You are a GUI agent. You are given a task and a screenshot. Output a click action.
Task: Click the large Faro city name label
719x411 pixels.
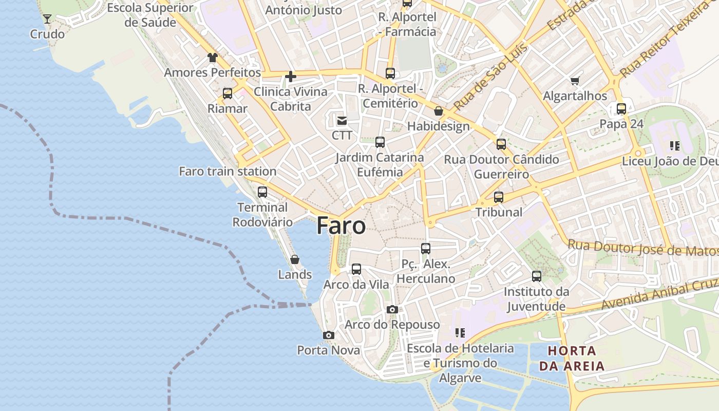point(341,226)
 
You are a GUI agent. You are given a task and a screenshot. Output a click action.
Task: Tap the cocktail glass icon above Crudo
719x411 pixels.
point(47,19)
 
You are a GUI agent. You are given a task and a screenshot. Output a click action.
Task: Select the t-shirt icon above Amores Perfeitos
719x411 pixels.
point(213,57)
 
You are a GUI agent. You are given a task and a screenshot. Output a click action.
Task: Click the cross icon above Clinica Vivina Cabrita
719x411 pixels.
point(291,77)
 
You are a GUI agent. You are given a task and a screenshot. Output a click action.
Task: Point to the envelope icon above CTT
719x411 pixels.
point(342,121)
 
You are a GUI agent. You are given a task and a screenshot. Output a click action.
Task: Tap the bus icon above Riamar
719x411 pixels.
point(228,94)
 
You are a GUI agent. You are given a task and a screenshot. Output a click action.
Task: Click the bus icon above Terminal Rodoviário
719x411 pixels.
point(262,192)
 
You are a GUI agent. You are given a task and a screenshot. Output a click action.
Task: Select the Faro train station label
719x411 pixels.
point(228,171)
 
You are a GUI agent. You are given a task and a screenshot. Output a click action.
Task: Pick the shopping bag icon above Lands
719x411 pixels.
point(295,259)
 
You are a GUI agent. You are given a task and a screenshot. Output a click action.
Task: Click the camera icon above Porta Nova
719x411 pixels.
point(329,335)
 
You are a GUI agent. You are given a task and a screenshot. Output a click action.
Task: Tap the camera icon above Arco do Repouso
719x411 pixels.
point(392,309)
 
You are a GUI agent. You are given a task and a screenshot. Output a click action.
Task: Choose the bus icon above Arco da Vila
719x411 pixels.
point(356,269)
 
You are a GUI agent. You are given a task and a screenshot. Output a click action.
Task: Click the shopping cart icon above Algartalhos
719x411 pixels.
point(575,81)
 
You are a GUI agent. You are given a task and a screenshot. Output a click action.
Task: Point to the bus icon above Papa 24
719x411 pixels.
point(621,109)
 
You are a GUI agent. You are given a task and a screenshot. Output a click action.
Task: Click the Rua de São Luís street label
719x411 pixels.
point(490,77)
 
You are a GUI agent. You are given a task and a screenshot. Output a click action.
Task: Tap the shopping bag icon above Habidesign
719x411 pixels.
point(439,111)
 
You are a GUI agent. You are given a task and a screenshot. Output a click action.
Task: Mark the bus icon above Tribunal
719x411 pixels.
point(499,197)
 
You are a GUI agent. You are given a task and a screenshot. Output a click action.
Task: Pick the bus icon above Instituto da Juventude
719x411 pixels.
point(537,276)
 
